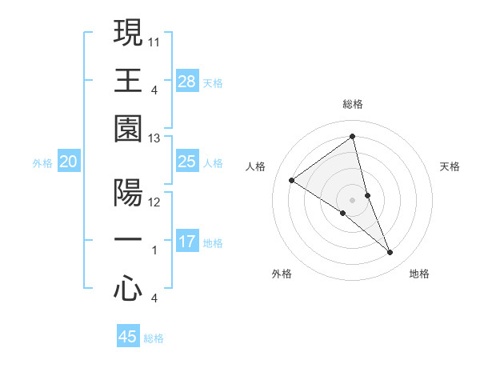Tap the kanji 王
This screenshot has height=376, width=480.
click(128, 81)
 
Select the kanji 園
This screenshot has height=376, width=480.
click(128, 129)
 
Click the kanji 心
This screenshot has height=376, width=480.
click(128, 289)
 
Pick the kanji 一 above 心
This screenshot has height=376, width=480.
click(128, 241)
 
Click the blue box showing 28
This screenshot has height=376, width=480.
click(187, 81)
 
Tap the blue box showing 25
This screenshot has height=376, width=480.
click(187, 162)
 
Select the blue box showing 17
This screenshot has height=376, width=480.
click(187, 242)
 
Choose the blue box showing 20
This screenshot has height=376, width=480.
click(69, 162)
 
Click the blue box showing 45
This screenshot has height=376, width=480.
click(128, 337)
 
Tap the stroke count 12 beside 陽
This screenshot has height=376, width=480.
click(154, 202)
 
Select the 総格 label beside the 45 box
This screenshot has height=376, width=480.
click(154, 338)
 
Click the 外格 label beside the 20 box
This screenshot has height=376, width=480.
click(42, 163)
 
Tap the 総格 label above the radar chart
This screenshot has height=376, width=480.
click(353, 104)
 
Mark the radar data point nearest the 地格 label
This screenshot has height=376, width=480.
click(390, 253)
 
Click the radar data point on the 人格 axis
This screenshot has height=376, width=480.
click(292, 180)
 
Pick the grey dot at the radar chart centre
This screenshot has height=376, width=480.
click(352, 199)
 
